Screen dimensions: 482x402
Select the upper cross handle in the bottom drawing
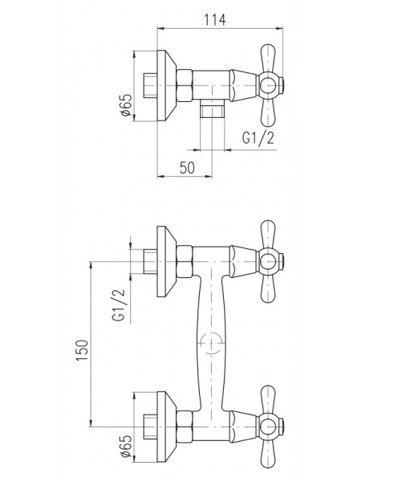tap(268, 259)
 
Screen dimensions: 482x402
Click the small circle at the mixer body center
tap(212, 342)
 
